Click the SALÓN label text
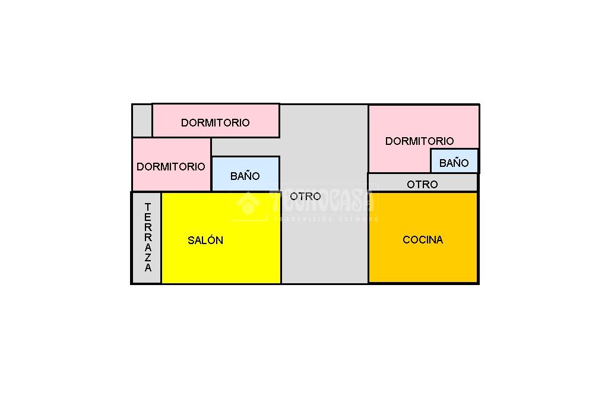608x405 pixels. (x=205, y=240)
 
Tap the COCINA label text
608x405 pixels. (x=423, y=240)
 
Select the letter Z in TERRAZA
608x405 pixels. (x=148, y=257)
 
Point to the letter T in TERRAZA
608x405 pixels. (x=148, y=207)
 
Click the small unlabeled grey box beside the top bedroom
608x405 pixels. (x=142, y=121)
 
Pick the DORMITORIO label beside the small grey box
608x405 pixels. (x=215, y=122)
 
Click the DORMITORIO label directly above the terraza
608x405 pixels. (x=170, y=167)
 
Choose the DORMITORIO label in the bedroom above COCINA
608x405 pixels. (x=420, y=141)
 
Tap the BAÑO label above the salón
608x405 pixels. (x=245, y=176)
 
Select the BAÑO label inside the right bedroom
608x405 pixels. (x=454, y=163)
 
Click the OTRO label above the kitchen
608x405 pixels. (x=422, y=184)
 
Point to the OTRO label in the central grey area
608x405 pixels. (x=306, y=197)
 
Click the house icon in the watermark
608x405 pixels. (x=248, y=203)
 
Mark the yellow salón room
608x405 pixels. (x=221, y=238)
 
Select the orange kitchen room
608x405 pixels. (x=423, y=238)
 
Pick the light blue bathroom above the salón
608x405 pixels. (x=245, y=174)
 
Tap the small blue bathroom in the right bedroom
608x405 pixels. (x=454, y=160)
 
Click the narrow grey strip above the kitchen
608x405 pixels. (x=423, y=182)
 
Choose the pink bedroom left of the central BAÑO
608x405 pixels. (x=172, y=164)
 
